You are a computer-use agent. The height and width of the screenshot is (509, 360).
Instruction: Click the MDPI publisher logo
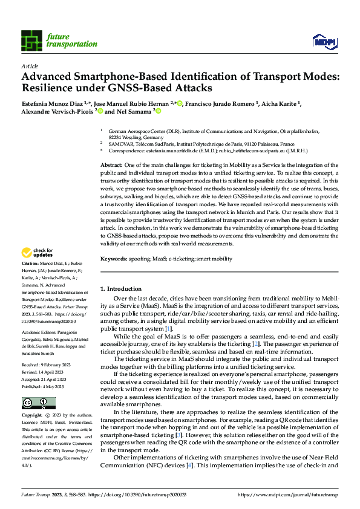324,41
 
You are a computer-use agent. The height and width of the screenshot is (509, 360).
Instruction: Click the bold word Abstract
112,165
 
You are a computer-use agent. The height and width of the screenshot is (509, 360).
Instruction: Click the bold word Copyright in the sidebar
31,416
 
